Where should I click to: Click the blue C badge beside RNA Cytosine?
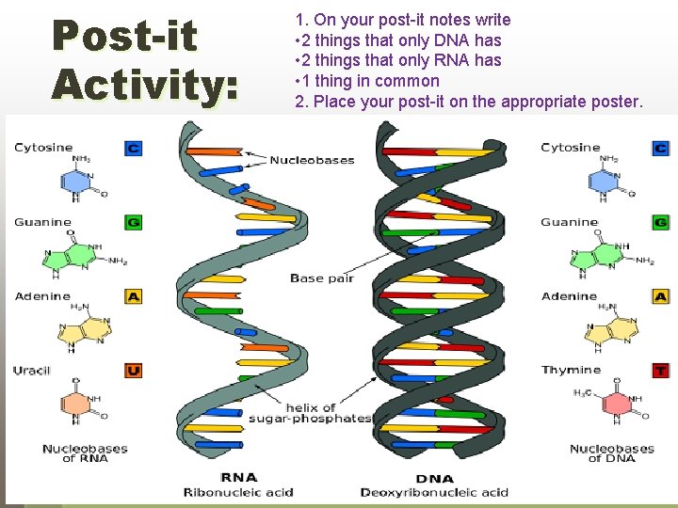coord(133,148)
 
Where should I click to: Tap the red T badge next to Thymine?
coord(660,371)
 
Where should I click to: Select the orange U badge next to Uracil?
coord(133,371)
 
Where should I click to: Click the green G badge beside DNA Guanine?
coord(660,223)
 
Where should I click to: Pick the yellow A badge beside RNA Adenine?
coord(133,296)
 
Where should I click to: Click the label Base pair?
coord(319,278)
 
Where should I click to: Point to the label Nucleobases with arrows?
coord(312,160)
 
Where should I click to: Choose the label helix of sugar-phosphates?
coord(310,412)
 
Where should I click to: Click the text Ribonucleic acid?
coord(238,492)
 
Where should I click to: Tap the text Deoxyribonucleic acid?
coord(434,492)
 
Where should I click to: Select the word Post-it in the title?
coord(124,36)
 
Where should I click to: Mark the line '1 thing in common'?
coord(367,81)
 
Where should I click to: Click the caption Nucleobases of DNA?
coord(612,453)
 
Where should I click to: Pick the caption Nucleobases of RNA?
coord(85,453)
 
